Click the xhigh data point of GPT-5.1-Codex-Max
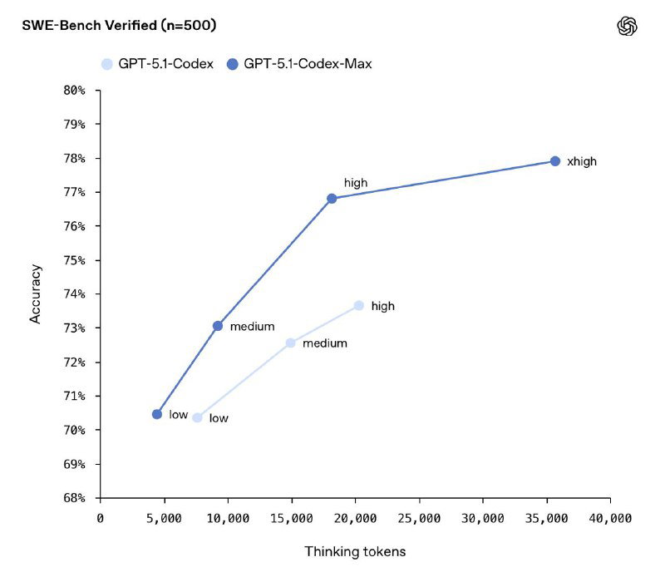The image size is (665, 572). (555, 161)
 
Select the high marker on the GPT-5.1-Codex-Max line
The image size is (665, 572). (332, 199)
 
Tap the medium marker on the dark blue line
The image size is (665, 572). (218, 326)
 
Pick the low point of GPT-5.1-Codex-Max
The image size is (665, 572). (157, 414)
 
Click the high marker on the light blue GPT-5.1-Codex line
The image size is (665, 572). (359, 305)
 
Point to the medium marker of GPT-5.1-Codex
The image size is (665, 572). (291, 343)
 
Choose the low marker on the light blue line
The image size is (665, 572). (198, 417)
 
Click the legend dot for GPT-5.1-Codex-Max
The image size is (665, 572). (233, 63)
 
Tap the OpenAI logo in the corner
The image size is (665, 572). (627, 27)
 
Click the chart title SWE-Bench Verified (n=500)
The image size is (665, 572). (119, 26)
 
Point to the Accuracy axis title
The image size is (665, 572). (35, 293)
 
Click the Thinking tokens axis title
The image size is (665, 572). (355, 551)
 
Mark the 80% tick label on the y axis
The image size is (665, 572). (75, 90)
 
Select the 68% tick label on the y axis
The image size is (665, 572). (75, 498)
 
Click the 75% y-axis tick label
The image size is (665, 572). (75, 260)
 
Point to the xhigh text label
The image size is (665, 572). (582, 162)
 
